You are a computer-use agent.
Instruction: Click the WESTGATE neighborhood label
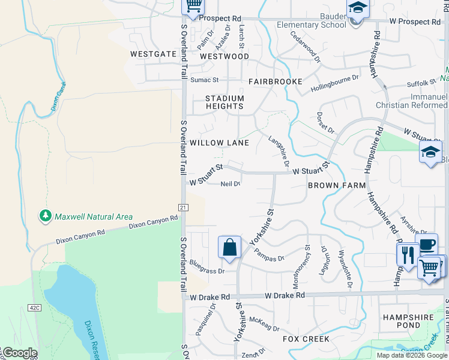coord(153,53)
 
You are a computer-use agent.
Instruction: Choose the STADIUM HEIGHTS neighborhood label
coord(225,102)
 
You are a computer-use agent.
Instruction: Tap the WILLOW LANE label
coord(219,143)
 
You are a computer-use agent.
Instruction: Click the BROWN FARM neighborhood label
coord(337,185)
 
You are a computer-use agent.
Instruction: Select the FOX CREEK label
coord(307,339)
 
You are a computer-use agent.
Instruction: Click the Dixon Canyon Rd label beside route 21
coord(153,222)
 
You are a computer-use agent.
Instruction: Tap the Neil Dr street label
coord(231,184)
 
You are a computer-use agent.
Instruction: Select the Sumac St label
coord(205,79)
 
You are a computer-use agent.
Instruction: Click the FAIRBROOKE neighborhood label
coord(275,81)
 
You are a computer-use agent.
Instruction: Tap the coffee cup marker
coord(427,245)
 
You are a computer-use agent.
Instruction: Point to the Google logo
coord(19,353)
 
